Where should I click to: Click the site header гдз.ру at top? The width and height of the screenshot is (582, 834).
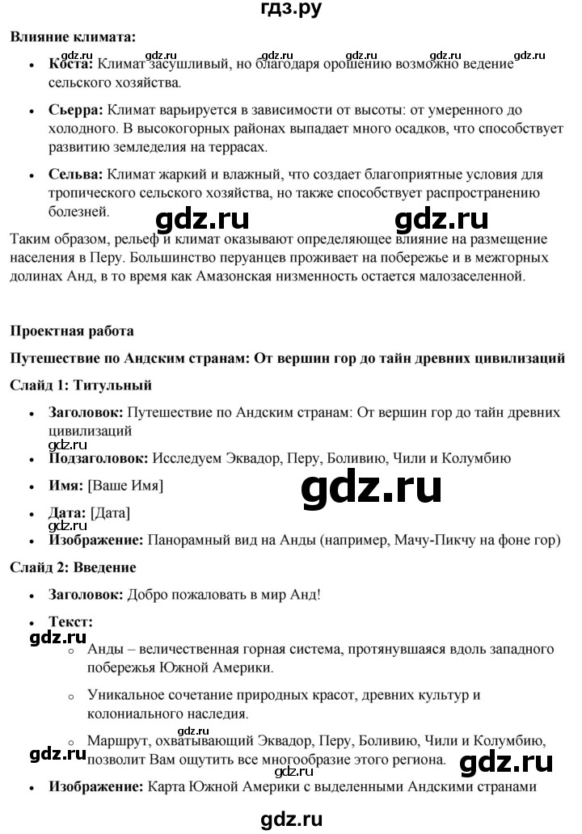[292, 11]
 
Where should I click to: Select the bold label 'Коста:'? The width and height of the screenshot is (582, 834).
[71, 63]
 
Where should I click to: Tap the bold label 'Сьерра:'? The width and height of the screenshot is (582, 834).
[76, 109]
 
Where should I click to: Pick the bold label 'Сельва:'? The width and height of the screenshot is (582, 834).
[75, 175]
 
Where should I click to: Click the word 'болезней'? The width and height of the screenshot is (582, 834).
[78, 212]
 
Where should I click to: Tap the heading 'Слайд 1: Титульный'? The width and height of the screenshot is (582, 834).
[81, 385]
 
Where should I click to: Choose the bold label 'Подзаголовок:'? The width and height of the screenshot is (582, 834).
[99, 458]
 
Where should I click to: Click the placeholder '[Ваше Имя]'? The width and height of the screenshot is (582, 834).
[125, 486]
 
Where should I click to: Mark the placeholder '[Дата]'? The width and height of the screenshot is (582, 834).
[110, 513]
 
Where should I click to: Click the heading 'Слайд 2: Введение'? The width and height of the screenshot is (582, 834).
[74, 568]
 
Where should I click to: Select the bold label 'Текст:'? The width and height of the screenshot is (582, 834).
[70, 622]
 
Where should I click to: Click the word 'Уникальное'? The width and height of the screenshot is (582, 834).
[122, 695]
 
